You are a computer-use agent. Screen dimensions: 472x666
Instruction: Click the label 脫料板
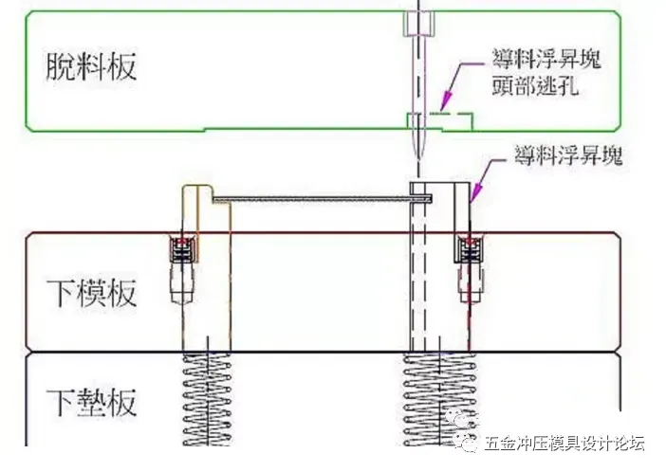coord(92,66)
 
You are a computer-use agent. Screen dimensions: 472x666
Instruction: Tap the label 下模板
coord(92,291)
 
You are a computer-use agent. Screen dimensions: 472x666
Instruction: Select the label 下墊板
coord(92,402)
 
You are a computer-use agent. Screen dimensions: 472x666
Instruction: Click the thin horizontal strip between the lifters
coord(318,198)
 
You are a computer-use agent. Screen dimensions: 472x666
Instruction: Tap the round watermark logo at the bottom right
coord(465,443)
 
